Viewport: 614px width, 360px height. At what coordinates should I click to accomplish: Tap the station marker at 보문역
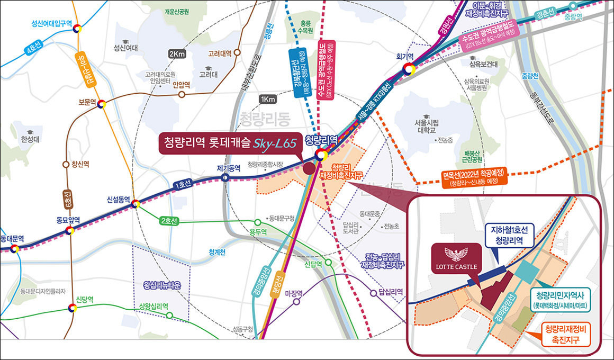tap(102, 104)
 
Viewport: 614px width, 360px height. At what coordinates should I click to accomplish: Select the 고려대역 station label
tap(221, 53)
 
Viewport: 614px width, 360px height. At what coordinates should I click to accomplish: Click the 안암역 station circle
tap(182, 95)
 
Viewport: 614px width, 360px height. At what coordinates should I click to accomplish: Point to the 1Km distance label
tap(268, 99)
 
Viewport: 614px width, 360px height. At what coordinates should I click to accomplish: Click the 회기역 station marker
tap(408, 68)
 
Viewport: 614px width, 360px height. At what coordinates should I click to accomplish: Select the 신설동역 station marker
tap(136, 203)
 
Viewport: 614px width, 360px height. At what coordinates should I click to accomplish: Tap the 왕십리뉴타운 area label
tap(162, 285)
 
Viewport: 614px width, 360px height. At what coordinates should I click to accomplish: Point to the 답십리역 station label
tap(391, 292)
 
